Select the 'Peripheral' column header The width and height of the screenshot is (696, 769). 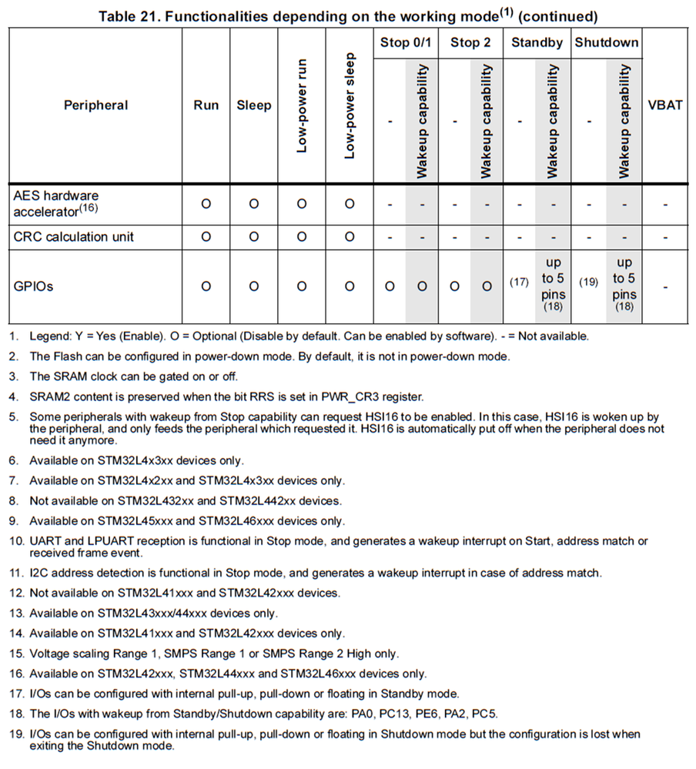pyautogui.click(x=95, y=105)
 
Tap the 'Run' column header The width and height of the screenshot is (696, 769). pyautogui.click(x=206, y=105)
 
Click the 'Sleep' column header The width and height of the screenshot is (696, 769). pyautogui.click(x=253, y=105)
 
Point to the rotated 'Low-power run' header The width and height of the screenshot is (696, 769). pyautogui.click(x=302, y=105)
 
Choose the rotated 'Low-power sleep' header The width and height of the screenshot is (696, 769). pyautogui.click(x=350, y=105)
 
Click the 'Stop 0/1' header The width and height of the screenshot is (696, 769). pyautogui.click(x=406, y=43)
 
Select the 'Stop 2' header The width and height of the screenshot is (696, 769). pyautogui.click(x=470, y=43)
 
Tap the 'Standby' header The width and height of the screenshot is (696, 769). pyautogui.click(x=537, y=43)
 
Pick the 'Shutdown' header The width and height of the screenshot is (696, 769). pyautogui.click(x=607, y=43)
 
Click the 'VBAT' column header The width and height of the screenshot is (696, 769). pyautogui.click(x=665, y=105)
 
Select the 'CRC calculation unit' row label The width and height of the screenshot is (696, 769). pyautogui.click(x=73, y=237)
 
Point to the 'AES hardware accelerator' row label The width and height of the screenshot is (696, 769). pyautogui.click(x=57, y=203)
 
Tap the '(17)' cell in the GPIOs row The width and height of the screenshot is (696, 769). pyautogui.click(x=520, y=283)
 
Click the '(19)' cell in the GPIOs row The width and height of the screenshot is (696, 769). pyautogui.click(x=588, y=283)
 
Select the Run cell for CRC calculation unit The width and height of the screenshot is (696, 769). pyautogui.click(x=206, y=237)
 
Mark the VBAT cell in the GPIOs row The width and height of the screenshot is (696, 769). pyautogui.click(x=665, y=286)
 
